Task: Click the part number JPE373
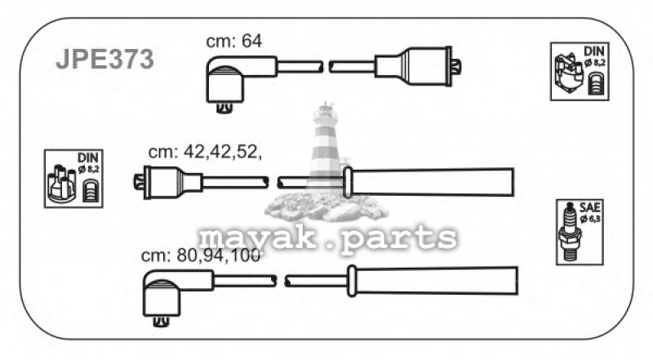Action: pyautogui.click(x=105, y=59)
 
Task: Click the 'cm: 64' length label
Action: pyautogui.click(x=234, y=41)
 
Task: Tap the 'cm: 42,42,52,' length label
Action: pyautogui.click(x=206, y=153)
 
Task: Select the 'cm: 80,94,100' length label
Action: pyautogui.click(x=201, y=255)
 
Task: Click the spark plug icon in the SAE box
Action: pyautogui.click(x=569, y=231)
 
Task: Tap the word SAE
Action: pyautogui.click(x=590, y=207)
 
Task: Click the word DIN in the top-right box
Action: pyautogui.click(x=593, y=51)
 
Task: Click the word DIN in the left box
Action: pyautogui.click(x=88, y=158)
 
